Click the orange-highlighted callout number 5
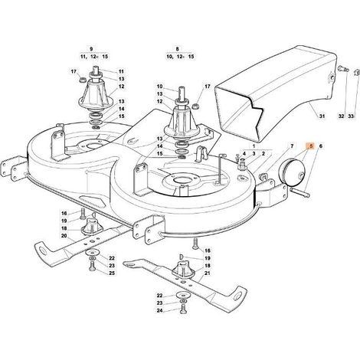pos(310,146)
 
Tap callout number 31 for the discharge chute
pos(322,116)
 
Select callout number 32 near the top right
pos(342,116)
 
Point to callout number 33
pos(352,116)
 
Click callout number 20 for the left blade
pos(64,236)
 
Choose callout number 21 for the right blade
pos(208,273)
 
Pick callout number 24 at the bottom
pos(159,310)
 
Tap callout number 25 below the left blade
pos(112,273)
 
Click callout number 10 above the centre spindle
pos(159,87)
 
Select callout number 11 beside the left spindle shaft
pos(121,72)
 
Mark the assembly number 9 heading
pos(91,49)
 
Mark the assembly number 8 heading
pos(178,49)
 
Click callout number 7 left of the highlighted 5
pos(292,146)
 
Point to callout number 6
pos(321,146)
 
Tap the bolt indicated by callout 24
pos(182,309)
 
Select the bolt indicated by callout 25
pos(92,267)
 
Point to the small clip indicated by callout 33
pos(356,72)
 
